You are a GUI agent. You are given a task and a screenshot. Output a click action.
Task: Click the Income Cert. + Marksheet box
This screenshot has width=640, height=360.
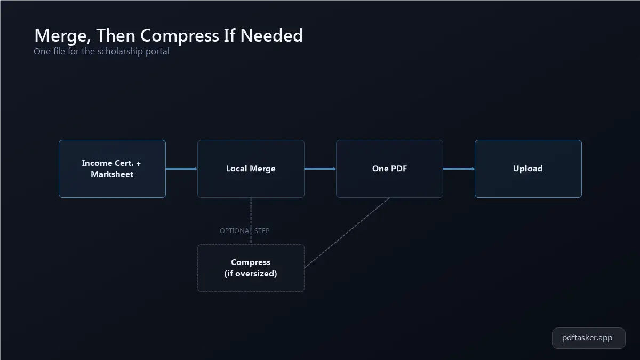click(x=112, y=169)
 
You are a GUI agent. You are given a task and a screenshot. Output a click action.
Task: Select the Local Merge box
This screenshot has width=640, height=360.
click(x=251, y=169)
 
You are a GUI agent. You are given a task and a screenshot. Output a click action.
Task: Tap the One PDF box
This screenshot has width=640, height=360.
click(x=389, y=169)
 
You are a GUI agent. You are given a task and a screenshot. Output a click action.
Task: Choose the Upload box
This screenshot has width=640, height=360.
click(x=528, y=169)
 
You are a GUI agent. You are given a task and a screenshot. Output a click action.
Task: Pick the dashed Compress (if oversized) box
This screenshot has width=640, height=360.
click(x=251, y=268)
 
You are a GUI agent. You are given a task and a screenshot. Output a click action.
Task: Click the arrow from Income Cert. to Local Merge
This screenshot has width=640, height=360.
click(x=181, y=169)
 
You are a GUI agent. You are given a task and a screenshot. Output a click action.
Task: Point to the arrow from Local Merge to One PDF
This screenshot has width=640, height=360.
click(x=320, y=169)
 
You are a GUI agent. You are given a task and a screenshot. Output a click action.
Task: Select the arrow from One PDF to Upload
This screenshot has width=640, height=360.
click(x=459, y=169)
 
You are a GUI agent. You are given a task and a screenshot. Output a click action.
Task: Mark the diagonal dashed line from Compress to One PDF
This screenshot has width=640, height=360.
click(x=347, y=233)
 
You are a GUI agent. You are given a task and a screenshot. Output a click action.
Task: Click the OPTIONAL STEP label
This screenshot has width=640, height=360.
click(x=245, y=230)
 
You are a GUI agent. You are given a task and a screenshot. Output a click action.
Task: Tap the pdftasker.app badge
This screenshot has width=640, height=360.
click(x=589, y=338)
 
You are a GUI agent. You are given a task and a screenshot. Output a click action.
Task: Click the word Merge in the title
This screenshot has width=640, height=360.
click(x=62, y=36)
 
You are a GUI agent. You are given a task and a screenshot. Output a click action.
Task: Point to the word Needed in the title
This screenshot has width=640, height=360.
click(x=271, y=35)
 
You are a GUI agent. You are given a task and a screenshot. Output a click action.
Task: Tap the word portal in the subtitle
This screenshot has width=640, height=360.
click(x=157, y=51)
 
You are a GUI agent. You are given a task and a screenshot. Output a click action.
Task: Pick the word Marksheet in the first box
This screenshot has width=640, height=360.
click(x=112, y=174)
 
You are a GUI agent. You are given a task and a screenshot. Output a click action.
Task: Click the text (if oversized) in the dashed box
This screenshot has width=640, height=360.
click(x=251, y=274)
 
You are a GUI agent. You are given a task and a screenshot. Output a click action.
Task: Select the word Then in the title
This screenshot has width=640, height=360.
click(x=116, y=35)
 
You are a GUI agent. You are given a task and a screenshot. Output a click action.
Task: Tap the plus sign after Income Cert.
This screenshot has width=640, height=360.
click(x=138, y=163)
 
